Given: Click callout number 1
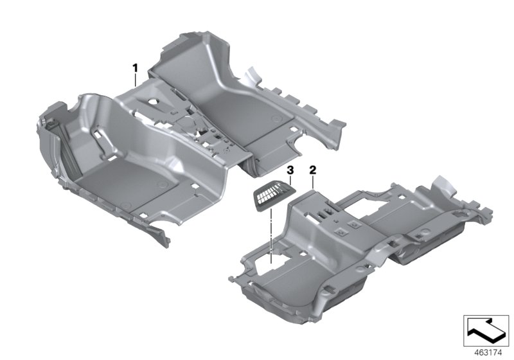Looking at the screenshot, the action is tap(135, 68).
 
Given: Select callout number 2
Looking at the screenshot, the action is tap(313, 170).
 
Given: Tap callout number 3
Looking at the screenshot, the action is tap(290, 170).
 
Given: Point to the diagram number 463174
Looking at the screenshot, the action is tap(488, 353).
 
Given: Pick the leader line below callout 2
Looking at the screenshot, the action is tap(313, 182).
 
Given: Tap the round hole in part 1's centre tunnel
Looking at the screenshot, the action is tap(154, 102).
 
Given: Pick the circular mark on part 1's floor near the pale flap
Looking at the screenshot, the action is tap(277, 119).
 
